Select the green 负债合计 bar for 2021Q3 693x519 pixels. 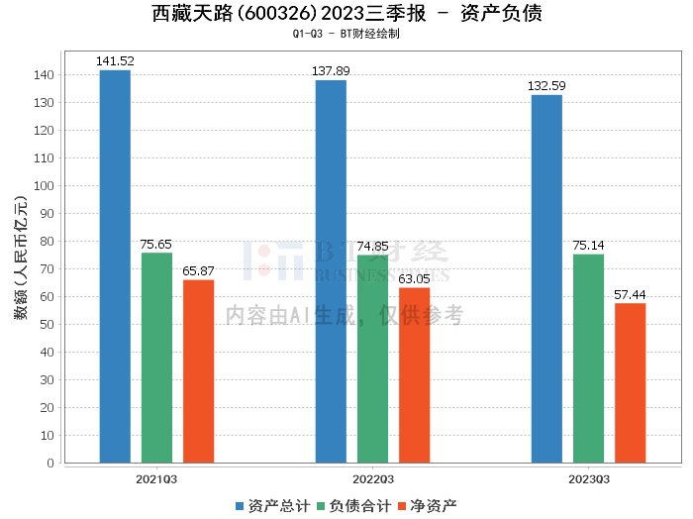coord(156,358)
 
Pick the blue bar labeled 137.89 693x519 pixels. coord(331,270)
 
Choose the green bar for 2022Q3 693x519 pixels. coord(372,359)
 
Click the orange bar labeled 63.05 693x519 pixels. coord(414,374)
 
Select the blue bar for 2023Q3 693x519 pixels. coord(546,278)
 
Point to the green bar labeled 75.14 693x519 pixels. coord(588,358)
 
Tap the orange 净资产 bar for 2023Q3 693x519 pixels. coord(630,382)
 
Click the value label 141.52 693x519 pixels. coord(115,61)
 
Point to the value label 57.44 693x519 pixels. coord(630,295)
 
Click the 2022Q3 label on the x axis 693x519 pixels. coord(372,478)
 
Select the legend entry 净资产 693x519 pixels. coord(429,506)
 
